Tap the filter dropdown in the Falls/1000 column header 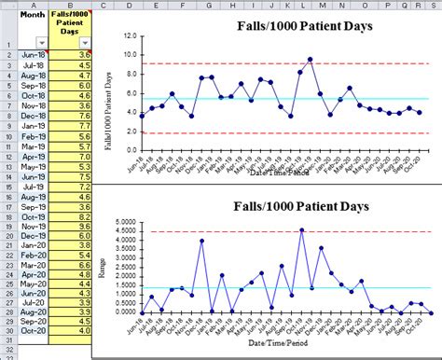tap(85, 44)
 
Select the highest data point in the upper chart tap(310, 59)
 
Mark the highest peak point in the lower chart tap(300, 229)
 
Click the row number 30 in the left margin tap(7, 329)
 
